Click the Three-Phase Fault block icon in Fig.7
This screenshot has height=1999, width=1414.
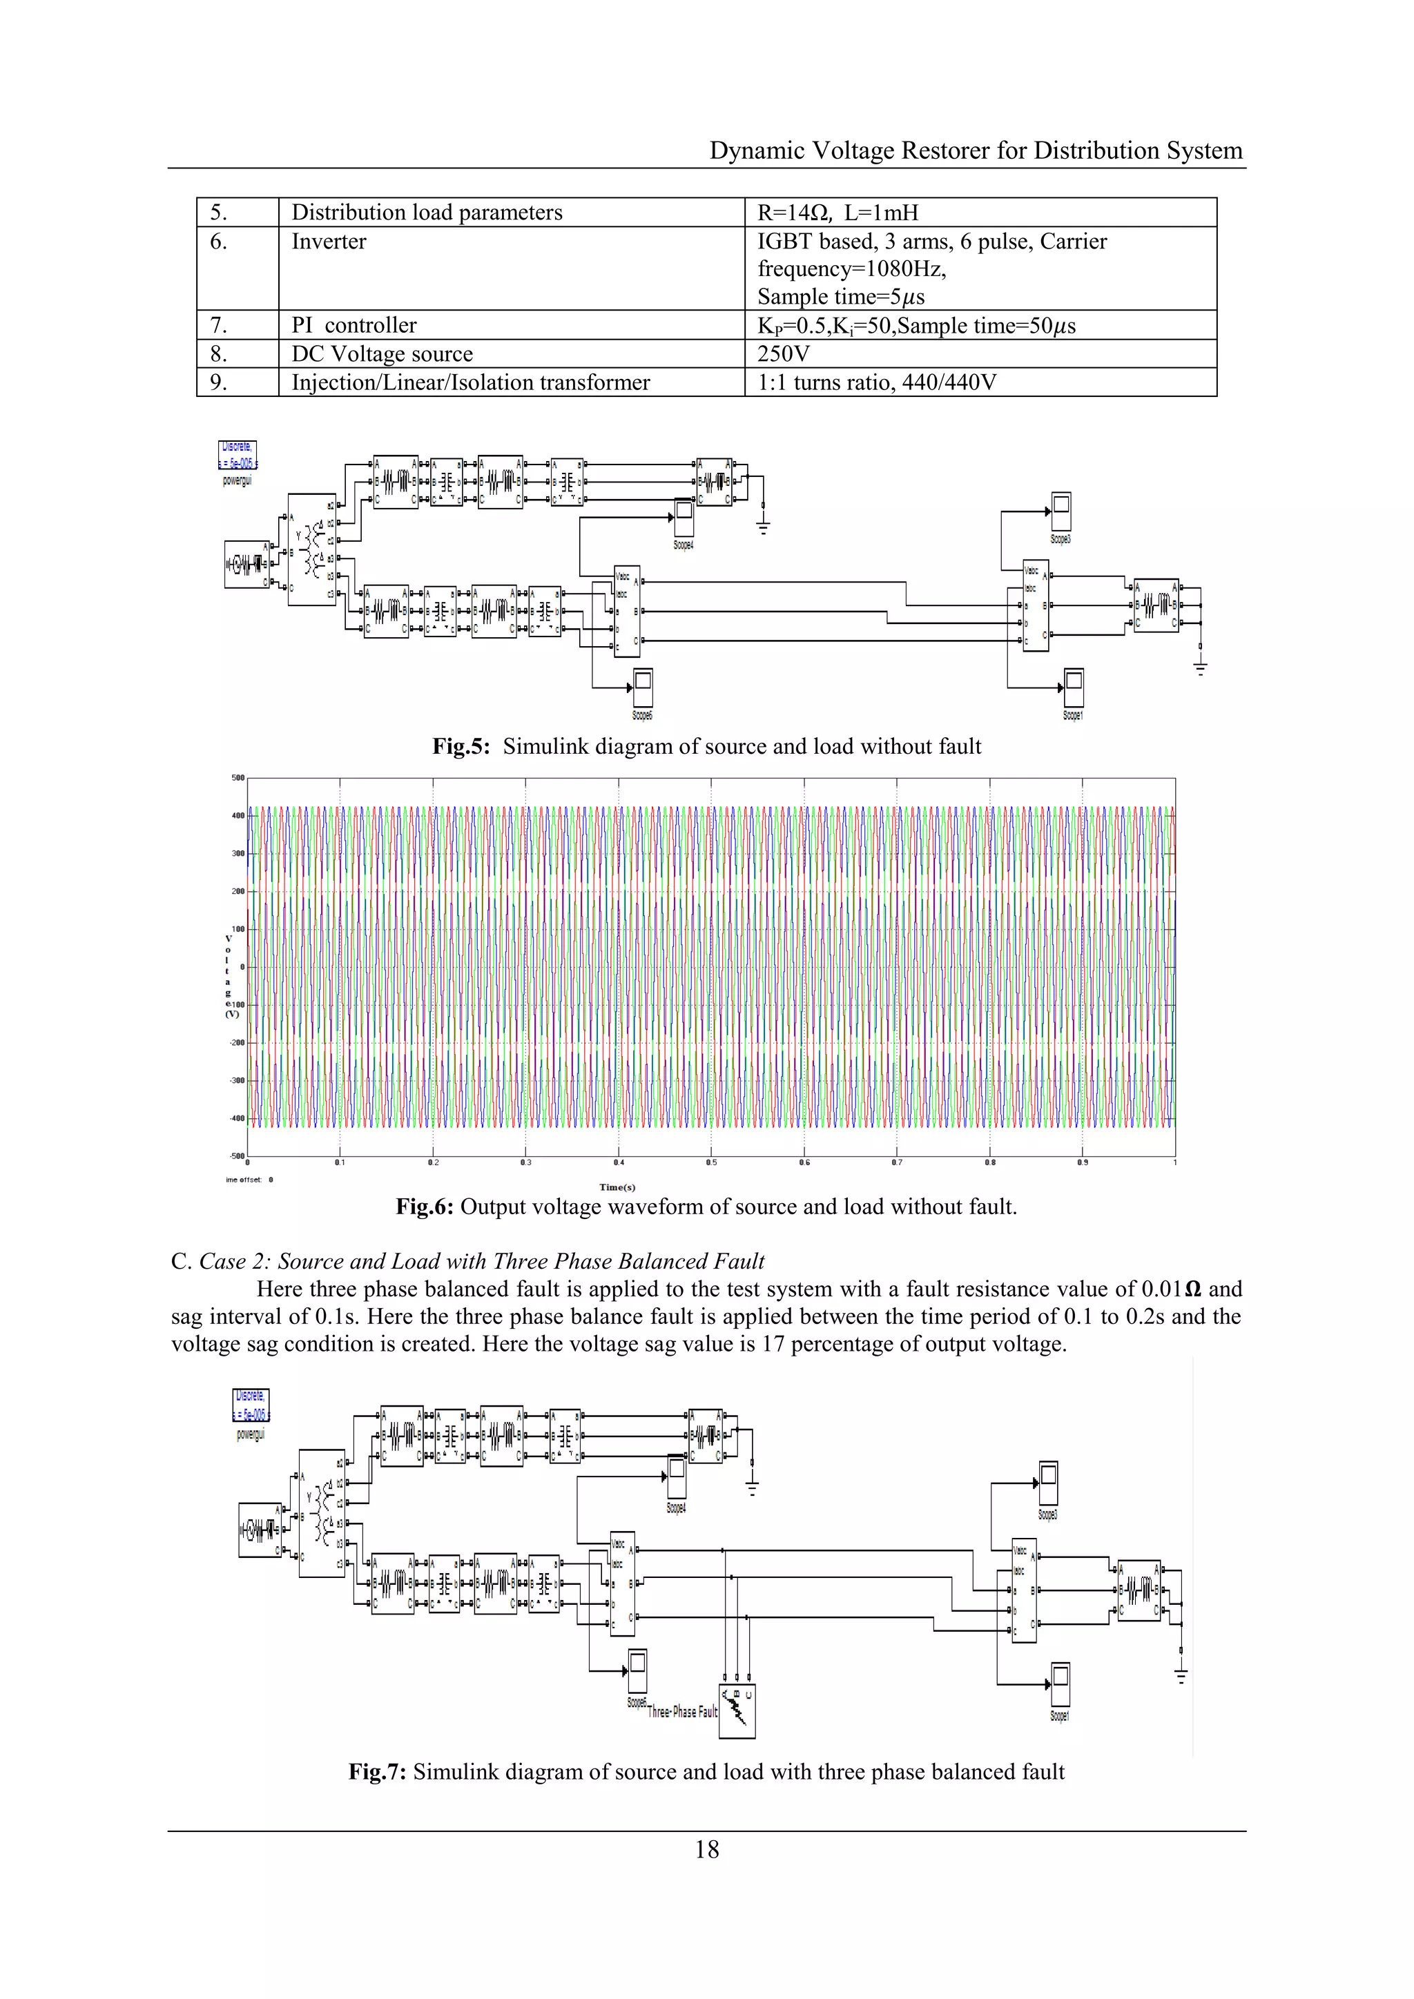point(737,1713)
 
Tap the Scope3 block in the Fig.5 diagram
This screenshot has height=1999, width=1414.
point(1060,512)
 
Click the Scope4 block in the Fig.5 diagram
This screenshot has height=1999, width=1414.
point(684,519)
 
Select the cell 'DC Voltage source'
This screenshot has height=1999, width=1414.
point(382,353)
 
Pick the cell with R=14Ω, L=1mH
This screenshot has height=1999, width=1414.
point(837,213)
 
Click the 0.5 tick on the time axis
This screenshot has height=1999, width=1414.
point(711,1162)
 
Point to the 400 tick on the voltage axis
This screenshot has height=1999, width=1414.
point(238,816)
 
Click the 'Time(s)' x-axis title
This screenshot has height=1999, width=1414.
point(617,1187)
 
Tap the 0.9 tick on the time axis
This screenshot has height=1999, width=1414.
point(1083,1162)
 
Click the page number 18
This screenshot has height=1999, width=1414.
point(707,1849)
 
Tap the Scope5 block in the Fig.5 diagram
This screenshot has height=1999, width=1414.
point(643,689)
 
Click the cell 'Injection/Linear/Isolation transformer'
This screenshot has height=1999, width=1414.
point(471,382)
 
